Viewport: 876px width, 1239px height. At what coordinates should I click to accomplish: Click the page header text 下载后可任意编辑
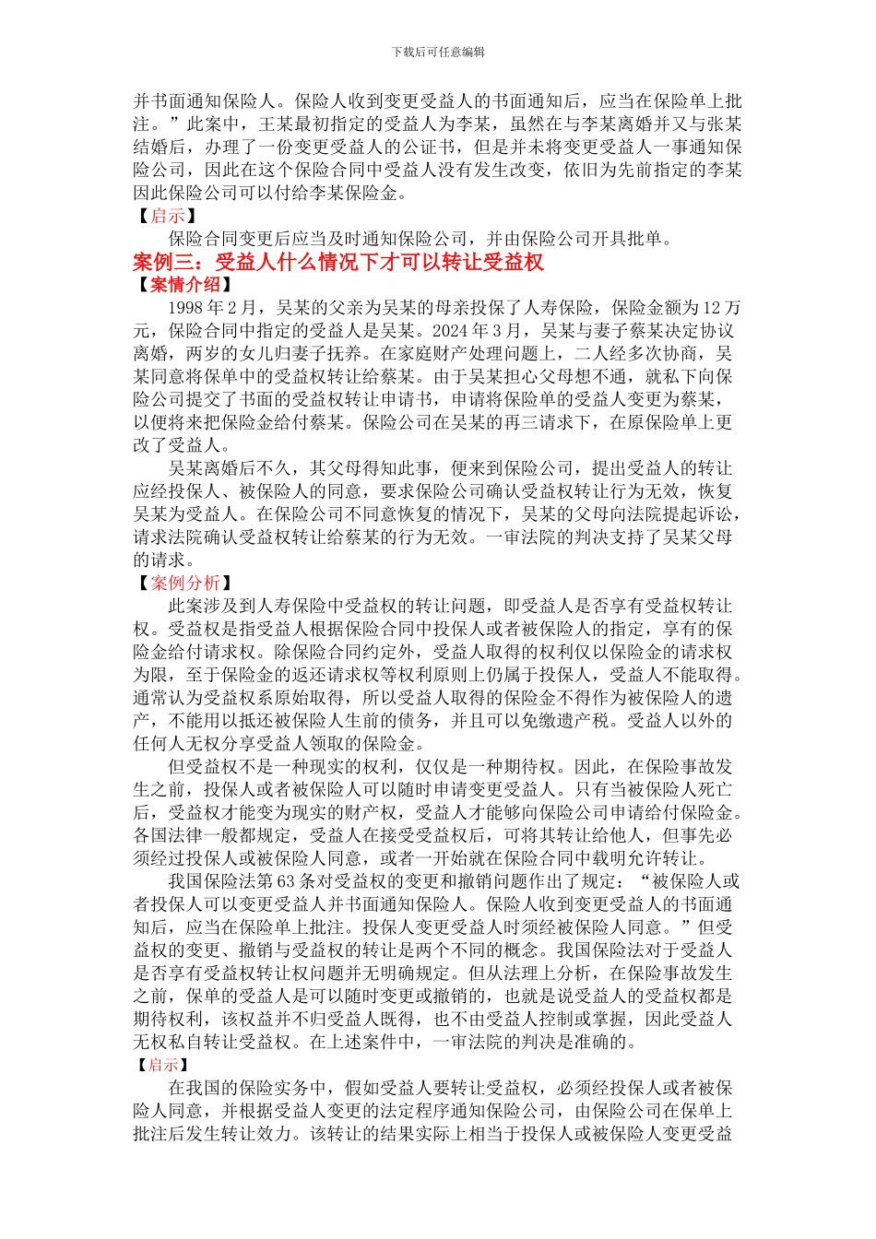[x=438, y=52]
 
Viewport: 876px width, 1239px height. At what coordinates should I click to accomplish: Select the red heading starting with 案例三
[x=338, y=262]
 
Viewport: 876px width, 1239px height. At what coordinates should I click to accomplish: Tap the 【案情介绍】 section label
[x=184, y=285]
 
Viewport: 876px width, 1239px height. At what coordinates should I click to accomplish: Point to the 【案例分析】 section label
[x=184, y=583]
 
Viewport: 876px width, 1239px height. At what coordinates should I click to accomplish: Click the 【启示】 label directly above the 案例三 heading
[x=167, y=216]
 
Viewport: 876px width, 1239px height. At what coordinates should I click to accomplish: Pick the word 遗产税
[x=591, y=721]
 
